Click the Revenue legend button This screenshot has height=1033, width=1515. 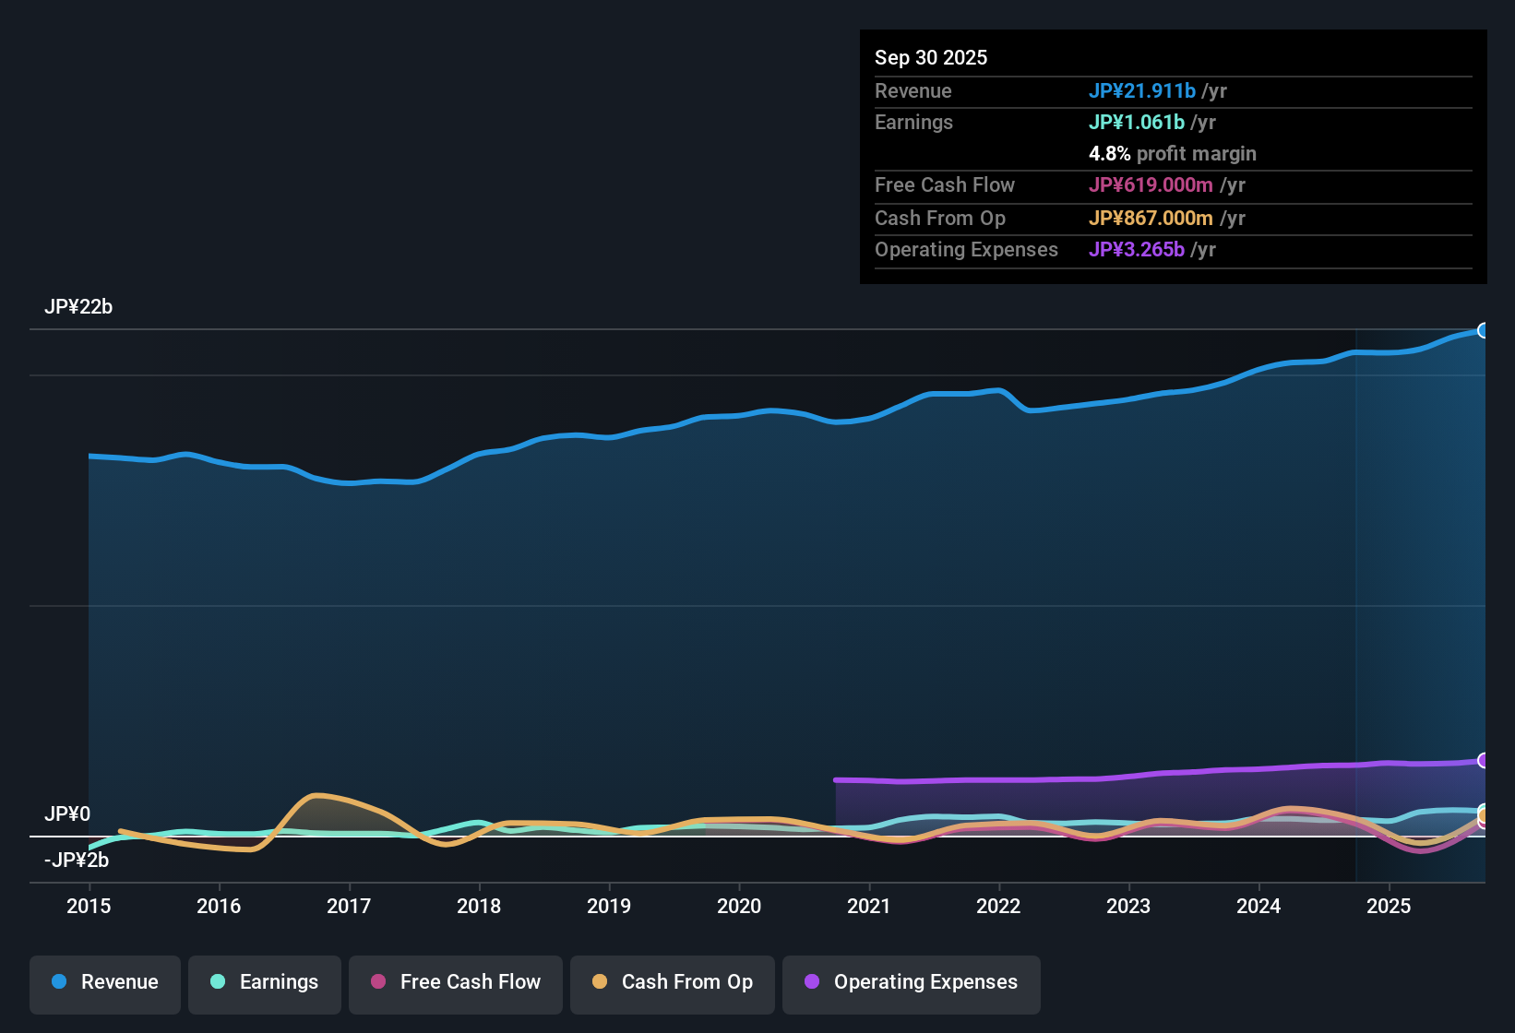(105, 982)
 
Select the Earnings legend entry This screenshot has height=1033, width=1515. (265, 982)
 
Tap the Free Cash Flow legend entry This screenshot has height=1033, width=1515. (456, 982)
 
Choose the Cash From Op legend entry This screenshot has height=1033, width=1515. (673, 982)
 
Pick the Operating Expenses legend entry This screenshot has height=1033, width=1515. (912, 982)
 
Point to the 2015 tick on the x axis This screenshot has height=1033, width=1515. (89, 906)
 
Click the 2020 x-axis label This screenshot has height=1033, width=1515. (739, 906)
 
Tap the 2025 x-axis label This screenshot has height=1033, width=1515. (1389, 906)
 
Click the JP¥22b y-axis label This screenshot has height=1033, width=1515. (78, 307)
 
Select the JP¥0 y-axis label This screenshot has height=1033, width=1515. (67, 814)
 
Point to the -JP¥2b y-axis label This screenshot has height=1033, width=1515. (77, 861)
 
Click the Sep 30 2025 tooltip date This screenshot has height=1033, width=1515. (931, 57)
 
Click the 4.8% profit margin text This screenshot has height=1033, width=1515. (1172, 154)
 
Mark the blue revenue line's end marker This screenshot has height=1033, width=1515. (1484, 330)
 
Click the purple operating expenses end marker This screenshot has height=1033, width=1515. (1484, 761)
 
